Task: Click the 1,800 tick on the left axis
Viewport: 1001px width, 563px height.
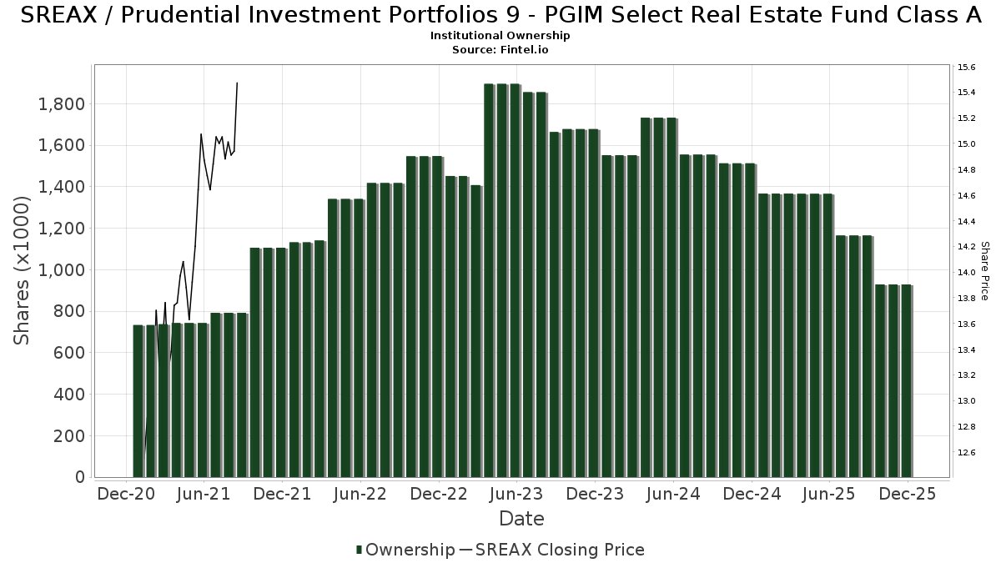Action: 63,104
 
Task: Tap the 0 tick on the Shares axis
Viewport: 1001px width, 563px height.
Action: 80,477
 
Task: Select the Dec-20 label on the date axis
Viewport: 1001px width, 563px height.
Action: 126,494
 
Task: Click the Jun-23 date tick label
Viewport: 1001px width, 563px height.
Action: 516,494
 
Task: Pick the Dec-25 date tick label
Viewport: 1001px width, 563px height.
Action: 907,494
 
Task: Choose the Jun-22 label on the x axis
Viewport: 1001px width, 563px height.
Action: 360,494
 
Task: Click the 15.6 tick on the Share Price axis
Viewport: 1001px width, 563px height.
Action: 966,67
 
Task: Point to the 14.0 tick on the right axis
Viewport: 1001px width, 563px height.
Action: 966,273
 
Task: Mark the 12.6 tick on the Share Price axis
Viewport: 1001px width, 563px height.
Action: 966,453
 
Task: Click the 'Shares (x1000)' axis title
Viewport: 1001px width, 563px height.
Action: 22,270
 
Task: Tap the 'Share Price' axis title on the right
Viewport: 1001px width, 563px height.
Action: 984,270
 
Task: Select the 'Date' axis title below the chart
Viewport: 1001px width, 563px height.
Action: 521,519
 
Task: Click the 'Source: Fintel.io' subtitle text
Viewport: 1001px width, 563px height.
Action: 500,49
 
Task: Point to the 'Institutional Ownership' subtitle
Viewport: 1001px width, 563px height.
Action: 500,36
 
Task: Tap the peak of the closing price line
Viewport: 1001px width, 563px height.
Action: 237,83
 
